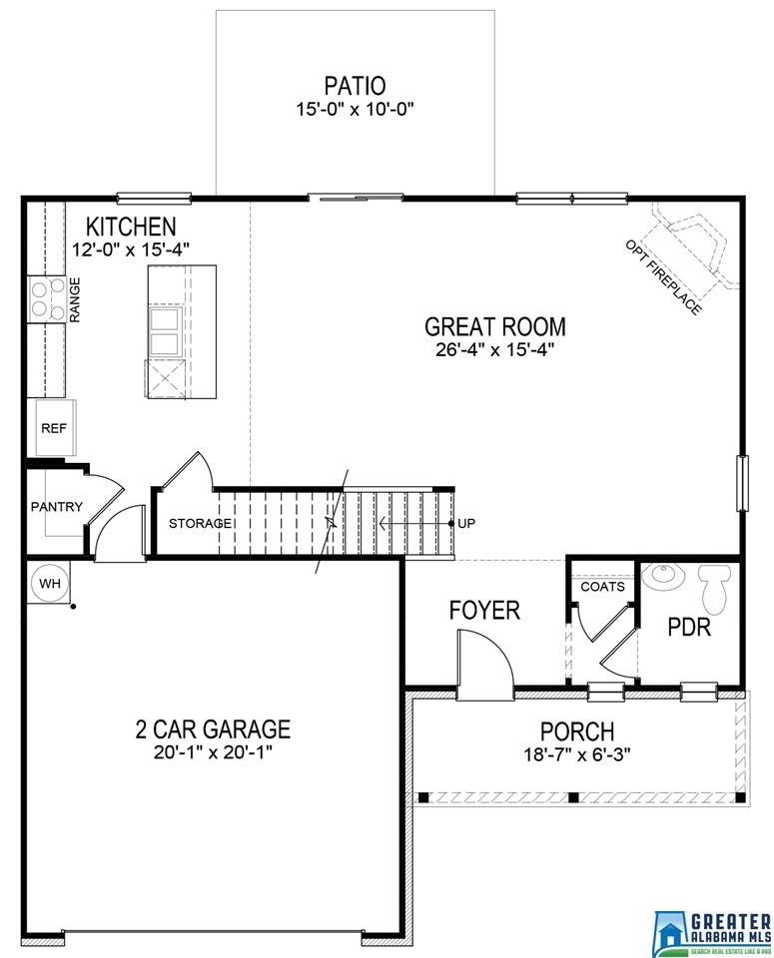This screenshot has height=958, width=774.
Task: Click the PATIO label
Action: coord(355,86)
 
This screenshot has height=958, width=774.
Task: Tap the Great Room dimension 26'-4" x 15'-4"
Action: coord(494,348)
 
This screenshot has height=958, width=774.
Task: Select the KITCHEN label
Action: coord(130,227)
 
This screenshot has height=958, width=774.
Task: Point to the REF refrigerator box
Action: coord(52,427)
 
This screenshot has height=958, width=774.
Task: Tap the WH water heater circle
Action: coord(49,582)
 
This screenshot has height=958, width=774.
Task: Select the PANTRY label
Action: coord(57,507)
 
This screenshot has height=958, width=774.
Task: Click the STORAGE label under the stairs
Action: coord(200,524)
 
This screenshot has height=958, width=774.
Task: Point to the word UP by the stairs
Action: coord(466,524)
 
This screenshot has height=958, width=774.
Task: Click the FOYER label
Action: coord(484,611)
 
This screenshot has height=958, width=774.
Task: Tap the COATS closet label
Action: coord(602,587)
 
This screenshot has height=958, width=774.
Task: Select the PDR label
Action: coord(688,629)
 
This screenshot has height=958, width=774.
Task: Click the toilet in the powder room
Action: coord(715,589)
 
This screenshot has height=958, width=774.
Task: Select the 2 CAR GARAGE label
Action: coord(213,729)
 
